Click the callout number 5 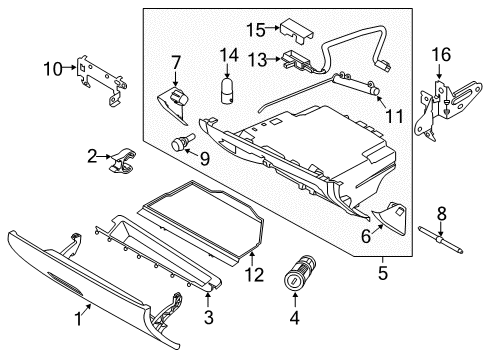[382, 270]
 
